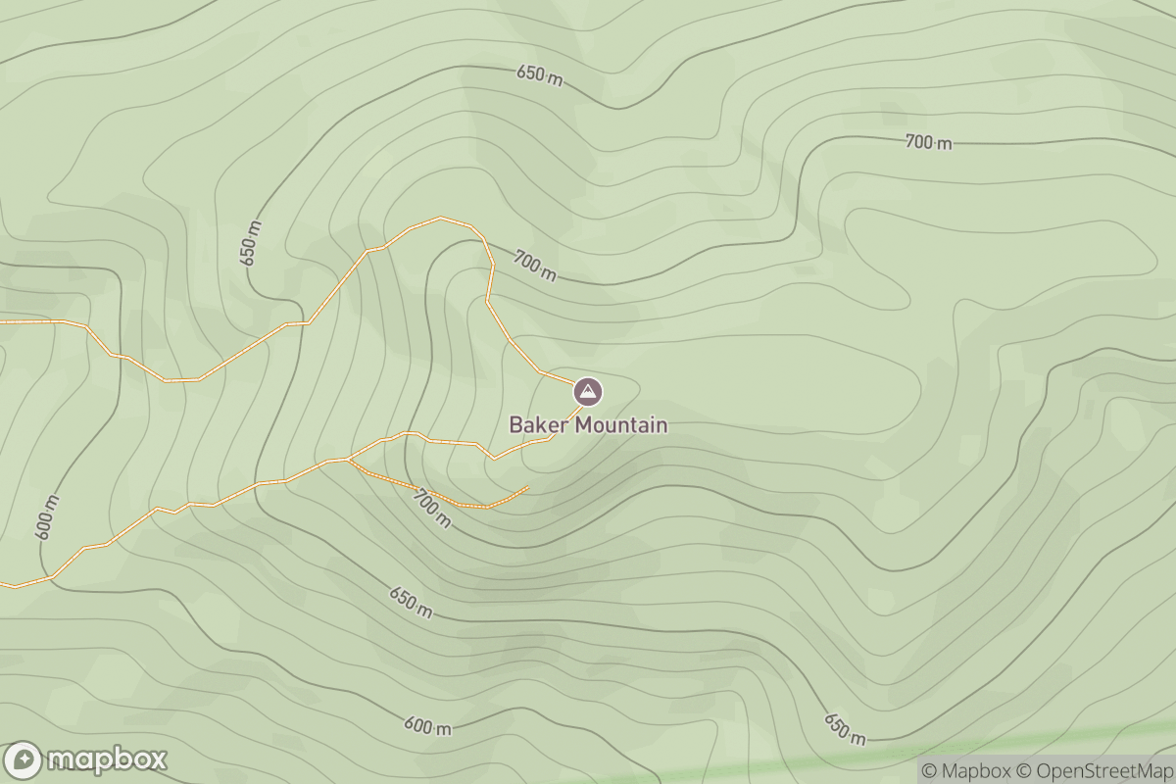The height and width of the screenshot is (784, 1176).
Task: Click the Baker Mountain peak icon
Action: pyautogui.click(x=588, y=392)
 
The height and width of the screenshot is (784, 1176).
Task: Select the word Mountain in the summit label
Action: pyautogui.click(x=621, y=425)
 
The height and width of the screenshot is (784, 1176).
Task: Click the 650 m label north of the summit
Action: pyautogui.click(x=540, y=76)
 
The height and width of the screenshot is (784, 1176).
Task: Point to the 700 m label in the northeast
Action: pyautogui.click(x=928, y=143)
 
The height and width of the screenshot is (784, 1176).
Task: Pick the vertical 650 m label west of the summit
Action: pyautogui.click(x=251, y=242)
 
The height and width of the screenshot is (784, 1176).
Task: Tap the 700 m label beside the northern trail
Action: pyautogui.click(x=534, y=266)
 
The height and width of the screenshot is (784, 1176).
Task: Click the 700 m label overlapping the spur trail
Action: pyautogui.click(x=431, y=508)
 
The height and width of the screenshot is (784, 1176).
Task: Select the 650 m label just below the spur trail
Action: pyautogui.click(x=410, y=603)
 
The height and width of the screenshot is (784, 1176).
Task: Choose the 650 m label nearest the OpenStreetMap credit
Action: pyautogui.click(x=844, y=728)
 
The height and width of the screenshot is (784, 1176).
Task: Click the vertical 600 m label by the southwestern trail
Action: pyautogui.click(x=47, y=517)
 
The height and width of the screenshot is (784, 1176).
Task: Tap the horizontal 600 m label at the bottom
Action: pyautogui.click(x=427, y=726)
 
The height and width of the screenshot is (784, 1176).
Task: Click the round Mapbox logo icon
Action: pyautogui.click(x=23, y=760)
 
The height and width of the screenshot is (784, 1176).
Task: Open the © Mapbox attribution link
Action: pyautogui.click(x=967, y=771)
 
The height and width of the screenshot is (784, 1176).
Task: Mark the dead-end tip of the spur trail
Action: pyautogui.click(x=528, y=487)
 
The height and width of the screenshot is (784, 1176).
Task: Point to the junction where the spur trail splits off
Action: pyautogui.click(x=349, y=459)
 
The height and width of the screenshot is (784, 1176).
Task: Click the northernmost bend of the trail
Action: pyautogui.click(x=441, y=218)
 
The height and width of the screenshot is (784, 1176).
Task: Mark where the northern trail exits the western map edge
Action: pyautogui.click(x=2, y=320)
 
